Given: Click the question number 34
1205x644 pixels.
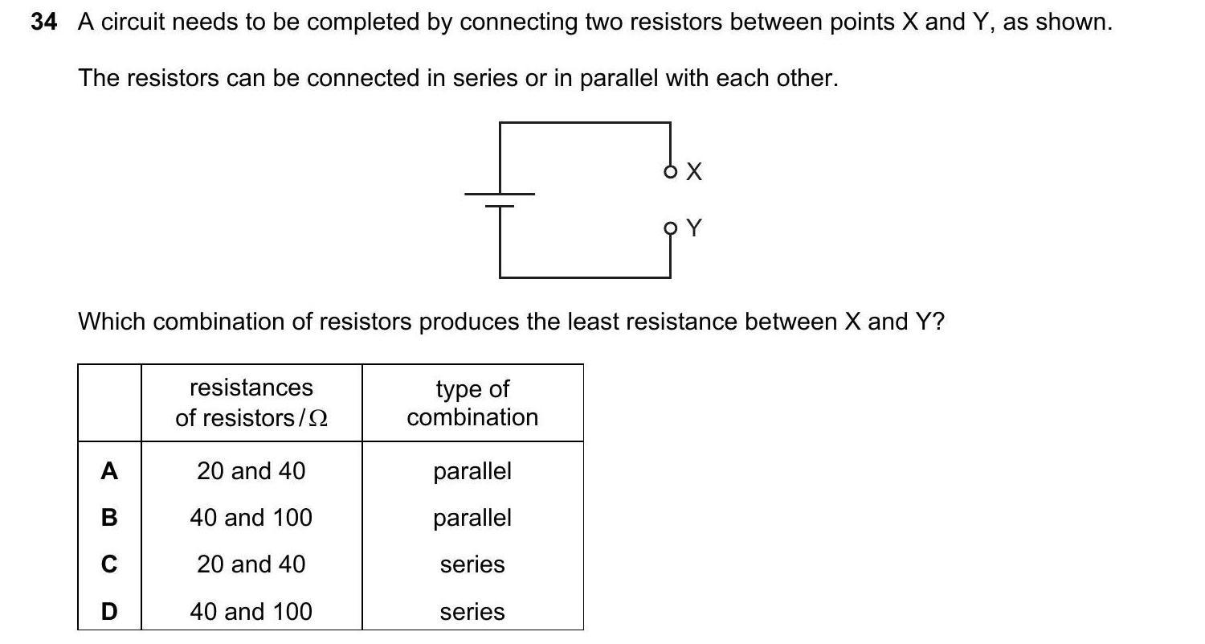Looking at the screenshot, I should click(44, 23).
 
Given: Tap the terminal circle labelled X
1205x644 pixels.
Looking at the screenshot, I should click(670, 171).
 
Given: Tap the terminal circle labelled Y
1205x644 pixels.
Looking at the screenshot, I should click(670, 228).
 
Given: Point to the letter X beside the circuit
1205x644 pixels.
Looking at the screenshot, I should click(695, 171).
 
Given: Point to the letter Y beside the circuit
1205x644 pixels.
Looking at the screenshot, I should click(695, 228).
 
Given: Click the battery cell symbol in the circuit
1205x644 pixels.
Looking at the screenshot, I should click(500, 199).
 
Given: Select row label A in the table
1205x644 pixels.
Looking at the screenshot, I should click(109, 471).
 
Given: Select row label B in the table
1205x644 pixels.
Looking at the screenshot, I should click(109, 518).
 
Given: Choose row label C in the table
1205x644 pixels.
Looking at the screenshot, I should click(109, 564).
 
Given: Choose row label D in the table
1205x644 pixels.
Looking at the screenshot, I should click(109, 612).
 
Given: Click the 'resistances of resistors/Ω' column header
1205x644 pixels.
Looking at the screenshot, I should click(251, 403).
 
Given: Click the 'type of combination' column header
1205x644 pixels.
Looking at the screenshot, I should click(472, 403).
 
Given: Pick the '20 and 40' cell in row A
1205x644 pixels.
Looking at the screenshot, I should click(251, 471).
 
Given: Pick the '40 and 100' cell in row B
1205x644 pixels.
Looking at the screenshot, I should click(251, 518).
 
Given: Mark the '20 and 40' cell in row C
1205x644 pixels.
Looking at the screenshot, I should click(251, 564).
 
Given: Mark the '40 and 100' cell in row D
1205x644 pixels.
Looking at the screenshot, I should click(251, 612).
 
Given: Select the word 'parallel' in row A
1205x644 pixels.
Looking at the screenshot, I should click(472, 471).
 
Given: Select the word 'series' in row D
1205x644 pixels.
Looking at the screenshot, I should click(472, 612).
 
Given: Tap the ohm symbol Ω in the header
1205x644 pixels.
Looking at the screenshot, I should click(319, 419).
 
